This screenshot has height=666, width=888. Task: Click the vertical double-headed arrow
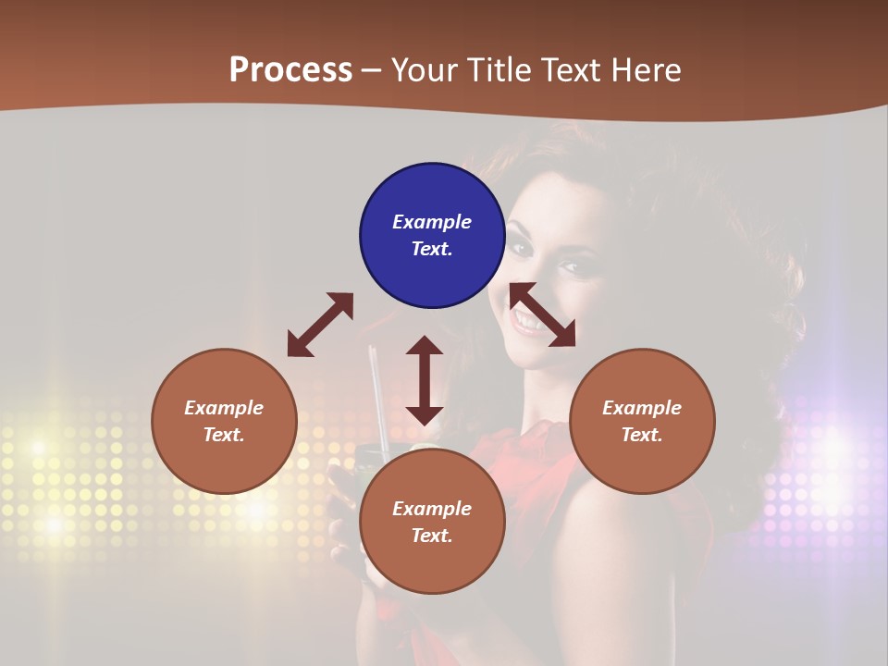point(425,380)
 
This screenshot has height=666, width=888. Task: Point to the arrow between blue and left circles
point(321,325)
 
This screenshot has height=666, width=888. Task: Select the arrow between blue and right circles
point(542,314)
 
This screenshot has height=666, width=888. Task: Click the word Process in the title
point(290,69)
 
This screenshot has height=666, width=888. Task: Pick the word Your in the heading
point(425,69)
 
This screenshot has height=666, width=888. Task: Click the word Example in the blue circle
point(432,222)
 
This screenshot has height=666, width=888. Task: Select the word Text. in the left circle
point(224,435)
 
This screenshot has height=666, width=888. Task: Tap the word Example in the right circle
point(642,408)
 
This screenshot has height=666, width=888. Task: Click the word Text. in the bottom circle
point(432,536)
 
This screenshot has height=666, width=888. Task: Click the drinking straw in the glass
point(376,398)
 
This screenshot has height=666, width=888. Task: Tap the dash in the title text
point(371,70)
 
